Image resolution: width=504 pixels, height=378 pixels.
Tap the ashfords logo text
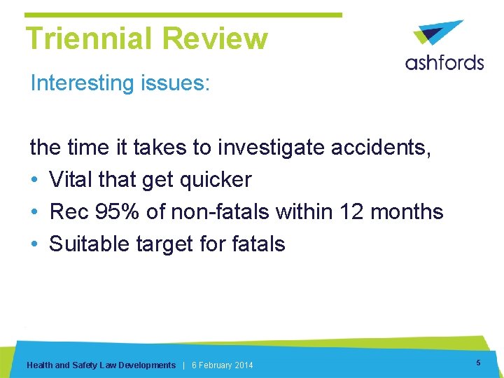[444, 62]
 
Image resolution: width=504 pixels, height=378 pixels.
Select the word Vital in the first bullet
[73, 179]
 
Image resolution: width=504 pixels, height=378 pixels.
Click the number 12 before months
[361, 211]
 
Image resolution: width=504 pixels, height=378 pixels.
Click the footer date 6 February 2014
[223, 365]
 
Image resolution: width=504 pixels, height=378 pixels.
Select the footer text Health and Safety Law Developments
[101, 365]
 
